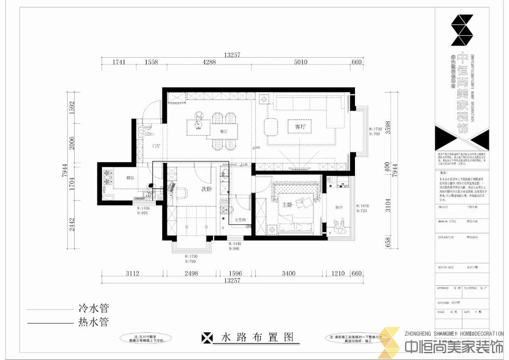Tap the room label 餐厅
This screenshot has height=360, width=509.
tap(224, 131)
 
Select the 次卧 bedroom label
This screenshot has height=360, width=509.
tap(207, 190)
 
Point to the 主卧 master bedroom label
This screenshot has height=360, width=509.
tap(287, 205)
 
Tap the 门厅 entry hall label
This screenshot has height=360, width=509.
tap(156, 146)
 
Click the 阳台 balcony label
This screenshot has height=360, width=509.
tap(339, 207)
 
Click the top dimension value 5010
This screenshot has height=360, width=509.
tap(300, 62)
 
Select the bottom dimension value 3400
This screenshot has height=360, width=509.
tap(288, 273)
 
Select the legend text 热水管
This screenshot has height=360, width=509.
tap(93, 323)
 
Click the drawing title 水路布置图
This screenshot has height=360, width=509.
tap(257, 338)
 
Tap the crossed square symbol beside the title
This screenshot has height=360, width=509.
tap(207, 338)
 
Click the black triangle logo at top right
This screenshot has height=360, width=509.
tap(462, 30)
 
